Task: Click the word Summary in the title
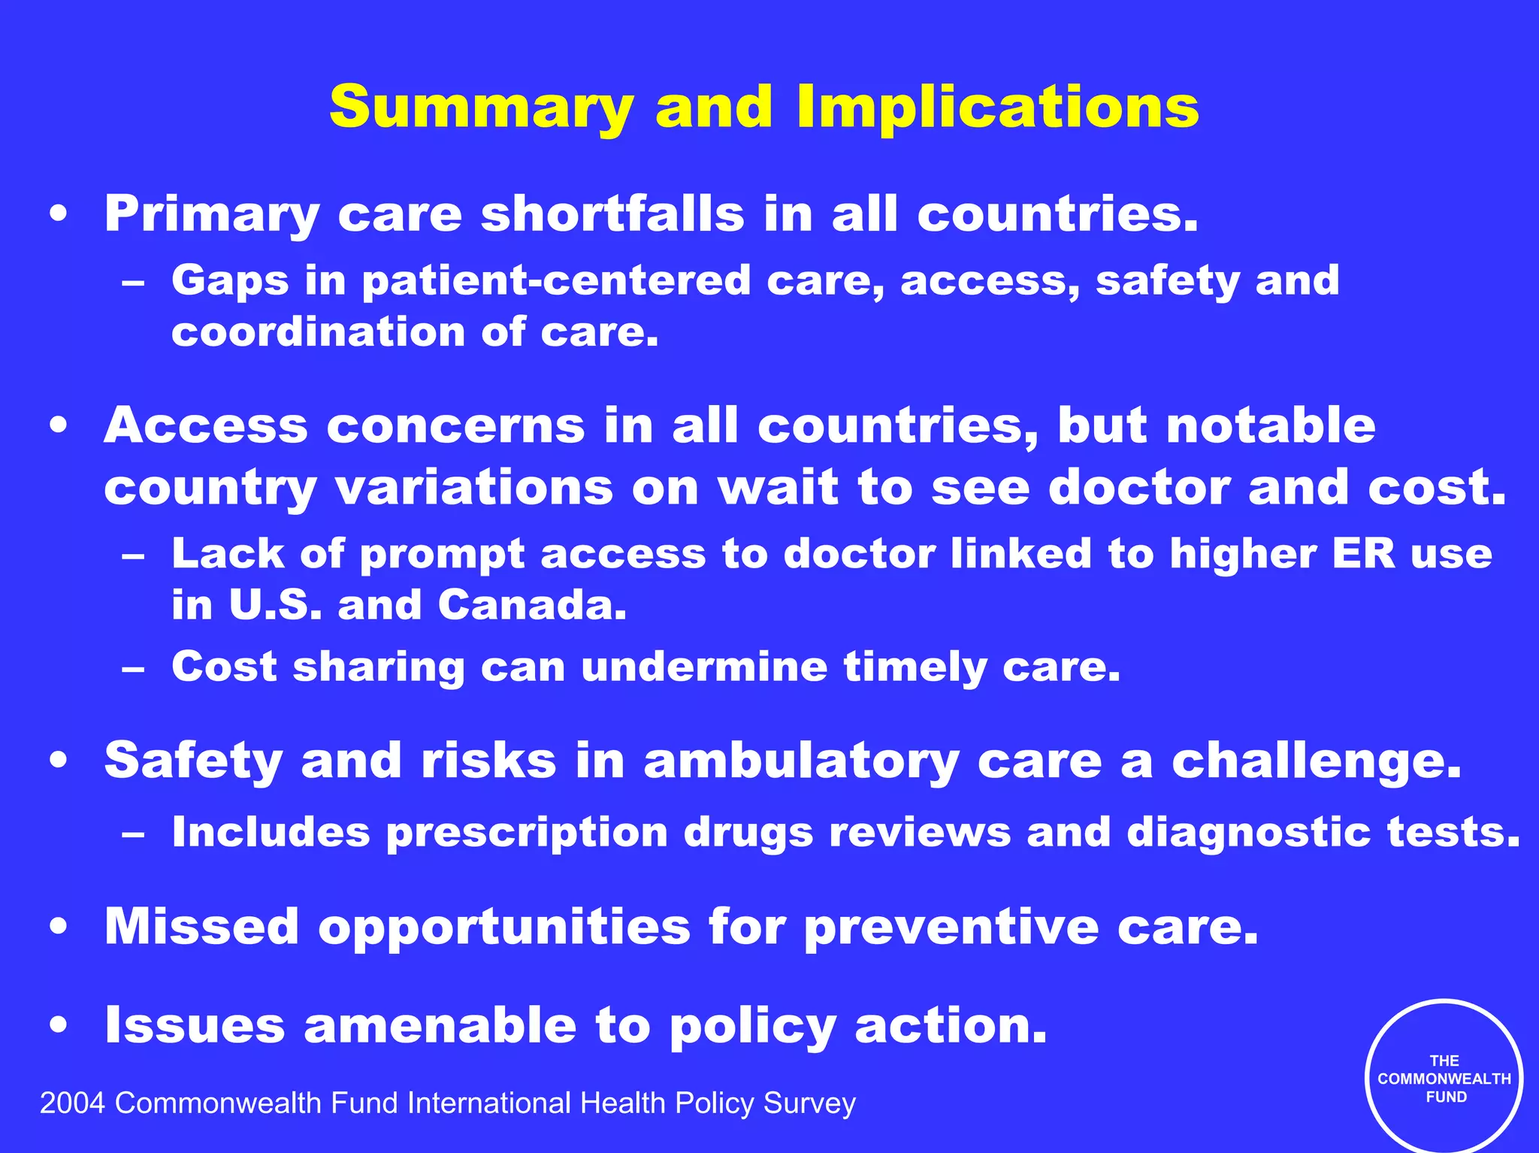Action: click(x=481, y=107)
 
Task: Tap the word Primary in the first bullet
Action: click(x=212, y=215)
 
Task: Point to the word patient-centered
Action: click(x=556, y=280)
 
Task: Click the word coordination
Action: click(x=318, y=332)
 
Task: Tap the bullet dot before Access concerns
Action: click(x=59, y=426)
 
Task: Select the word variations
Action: click(x=474, y=488)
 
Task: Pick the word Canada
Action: click(x=531, y=605)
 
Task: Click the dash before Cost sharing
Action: click(x=133, y=667)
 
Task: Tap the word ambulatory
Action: click(x=801, y=761)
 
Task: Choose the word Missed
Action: click(x=201, y=926)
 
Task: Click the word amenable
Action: click(x=440, y=1025)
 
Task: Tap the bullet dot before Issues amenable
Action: click(x=59, y=1026)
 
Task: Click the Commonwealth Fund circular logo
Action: click(x=1444, y=1078)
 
